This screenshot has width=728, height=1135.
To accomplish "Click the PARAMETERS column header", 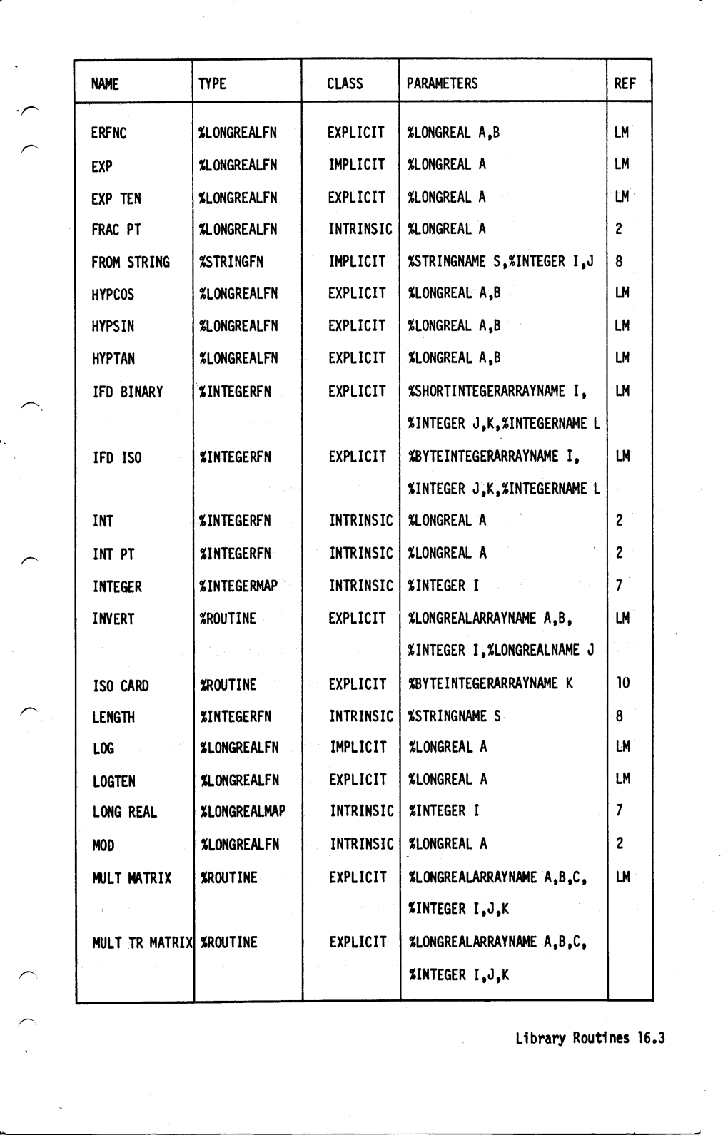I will [442, 83].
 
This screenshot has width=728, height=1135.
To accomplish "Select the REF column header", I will [625, 83].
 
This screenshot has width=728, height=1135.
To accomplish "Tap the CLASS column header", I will [345, 83].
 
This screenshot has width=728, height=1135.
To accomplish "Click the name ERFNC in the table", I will [109, 133].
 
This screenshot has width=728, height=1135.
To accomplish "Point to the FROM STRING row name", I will [131, 263].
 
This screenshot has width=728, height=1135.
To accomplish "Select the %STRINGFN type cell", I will [231, 262].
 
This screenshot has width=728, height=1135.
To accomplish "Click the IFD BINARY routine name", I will [128, 392].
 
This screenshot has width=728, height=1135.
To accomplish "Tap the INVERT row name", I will [113, 619].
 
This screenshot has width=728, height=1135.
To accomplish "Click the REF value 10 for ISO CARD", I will [622, 683].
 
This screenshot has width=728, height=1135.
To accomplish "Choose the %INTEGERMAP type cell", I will [238, 586].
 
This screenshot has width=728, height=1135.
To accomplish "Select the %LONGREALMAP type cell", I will [243, 812].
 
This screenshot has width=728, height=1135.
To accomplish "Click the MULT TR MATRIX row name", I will [143, 942].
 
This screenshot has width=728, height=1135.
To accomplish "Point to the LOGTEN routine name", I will [114, 781].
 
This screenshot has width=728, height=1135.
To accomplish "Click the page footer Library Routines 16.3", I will [590, 1038].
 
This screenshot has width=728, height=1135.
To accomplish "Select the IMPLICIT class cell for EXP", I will [356, 165].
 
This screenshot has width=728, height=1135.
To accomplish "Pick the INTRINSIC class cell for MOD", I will [361, 844].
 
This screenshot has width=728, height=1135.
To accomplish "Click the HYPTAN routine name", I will [113, 359].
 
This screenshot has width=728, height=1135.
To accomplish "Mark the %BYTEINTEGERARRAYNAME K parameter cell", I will [490, 683].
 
